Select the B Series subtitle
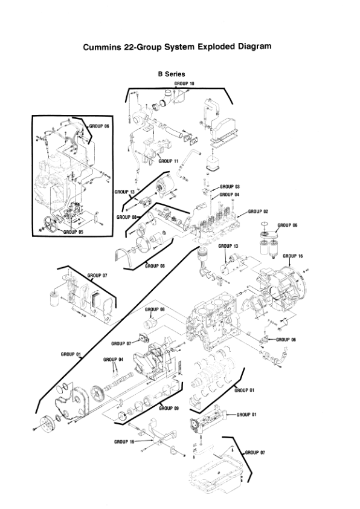tap(172, 74)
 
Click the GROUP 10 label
tap(184, 82)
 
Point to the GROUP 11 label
tap(168, 161)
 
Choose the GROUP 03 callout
tap(230, 187)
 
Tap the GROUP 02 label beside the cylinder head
tap(258, 212)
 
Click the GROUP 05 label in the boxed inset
tap(73, 232)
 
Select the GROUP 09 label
tap(169, 408)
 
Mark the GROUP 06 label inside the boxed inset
tap(100, 126)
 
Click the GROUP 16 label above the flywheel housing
tap(292, 256)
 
